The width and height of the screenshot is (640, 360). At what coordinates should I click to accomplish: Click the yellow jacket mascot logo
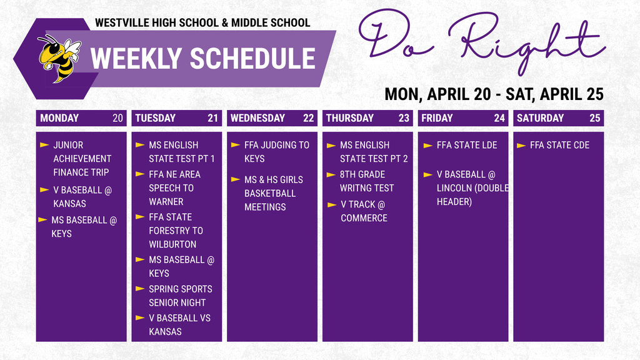58,57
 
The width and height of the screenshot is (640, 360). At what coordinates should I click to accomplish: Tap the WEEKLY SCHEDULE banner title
202,59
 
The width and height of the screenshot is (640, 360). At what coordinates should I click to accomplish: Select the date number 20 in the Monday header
117,118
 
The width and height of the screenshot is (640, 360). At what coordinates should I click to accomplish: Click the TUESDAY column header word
155,118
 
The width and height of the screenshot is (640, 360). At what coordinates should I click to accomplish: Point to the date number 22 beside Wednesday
308,118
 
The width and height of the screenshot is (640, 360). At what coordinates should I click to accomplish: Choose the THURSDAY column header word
349,118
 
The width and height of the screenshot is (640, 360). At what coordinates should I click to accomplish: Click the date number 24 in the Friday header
499,118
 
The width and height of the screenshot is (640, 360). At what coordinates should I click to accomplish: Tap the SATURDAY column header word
540,118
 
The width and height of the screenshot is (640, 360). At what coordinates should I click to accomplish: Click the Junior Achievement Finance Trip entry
82,159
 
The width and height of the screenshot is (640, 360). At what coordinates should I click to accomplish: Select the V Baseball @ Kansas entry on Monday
82,196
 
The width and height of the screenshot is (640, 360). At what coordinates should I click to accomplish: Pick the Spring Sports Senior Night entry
180,296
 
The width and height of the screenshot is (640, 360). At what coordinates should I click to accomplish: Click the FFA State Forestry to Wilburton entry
176,231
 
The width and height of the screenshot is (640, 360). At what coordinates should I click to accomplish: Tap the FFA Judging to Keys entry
276,152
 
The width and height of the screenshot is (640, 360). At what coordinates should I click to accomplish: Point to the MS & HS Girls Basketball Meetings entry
273,193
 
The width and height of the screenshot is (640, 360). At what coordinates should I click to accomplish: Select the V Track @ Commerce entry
363,211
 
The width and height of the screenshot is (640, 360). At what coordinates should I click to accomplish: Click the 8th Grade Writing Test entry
367,181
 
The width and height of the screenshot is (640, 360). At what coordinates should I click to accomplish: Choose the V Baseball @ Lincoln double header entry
472,188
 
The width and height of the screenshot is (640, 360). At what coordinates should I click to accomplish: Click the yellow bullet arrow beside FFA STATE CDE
521,146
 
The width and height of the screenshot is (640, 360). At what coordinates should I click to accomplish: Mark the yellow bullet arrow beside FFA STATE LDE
427,146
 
